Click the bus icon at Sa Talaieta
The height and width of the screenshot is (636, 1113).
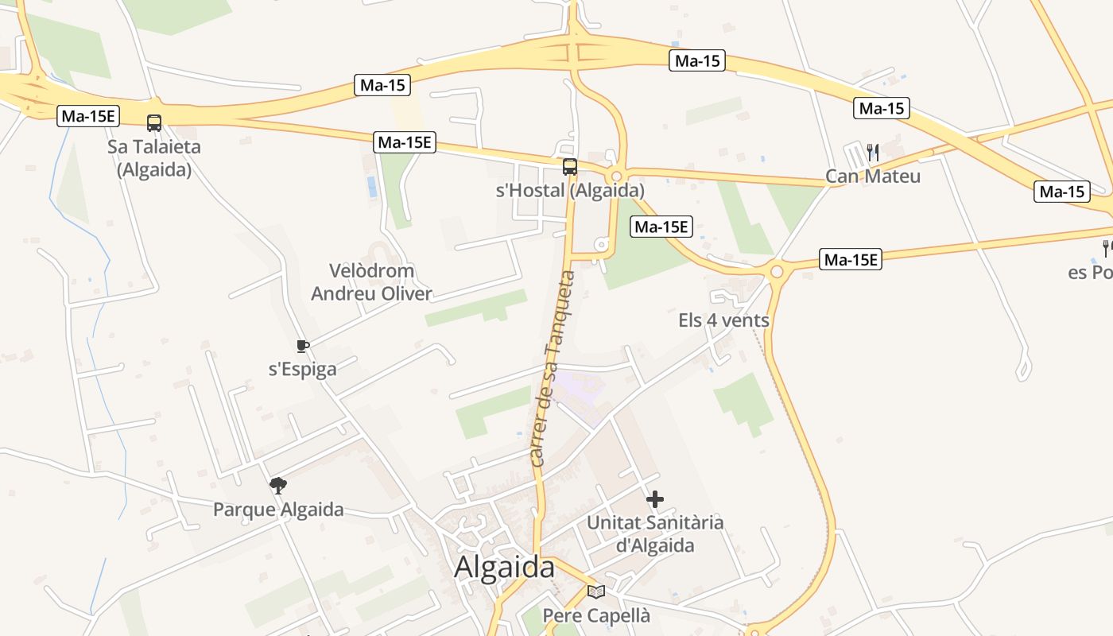point(154,123)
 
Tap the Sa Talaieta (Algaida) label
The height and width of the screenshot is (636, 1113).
point(154,158)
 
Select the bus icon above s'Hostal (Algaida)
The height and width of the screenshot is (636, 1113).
point(570,167)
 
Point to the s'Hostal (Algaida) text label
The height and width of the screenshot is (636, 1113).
point(570,191)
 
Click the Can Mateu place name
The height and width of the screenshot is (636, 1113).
point(873,176)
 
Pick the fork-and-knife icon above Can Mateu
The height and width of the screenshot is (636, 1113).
point(873,152)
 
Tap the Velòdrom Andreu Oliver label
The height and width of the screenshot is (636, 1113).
point(371,282)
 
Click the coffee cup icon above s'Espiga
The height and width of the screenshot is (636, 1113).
point(302,346)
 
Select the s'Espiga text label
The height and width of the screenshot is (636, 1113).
point(302,369)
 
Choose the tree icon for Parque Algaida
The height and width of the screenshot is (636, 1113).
point(278,485)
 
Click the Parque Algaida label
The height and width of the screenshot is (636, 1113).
point(278,510)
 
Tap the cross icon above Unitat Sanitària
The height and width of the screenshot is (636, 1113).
point(655,499)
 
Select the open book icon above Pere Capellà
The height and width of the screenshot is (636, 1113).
point(596,591)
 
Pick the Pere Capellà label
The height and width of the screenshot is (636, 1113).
point(596,615)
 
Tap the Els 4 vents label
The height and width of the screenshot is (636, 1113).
point(723,320)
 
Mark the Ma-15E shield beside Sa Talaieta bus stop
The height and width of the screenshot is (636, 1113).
point(89,116)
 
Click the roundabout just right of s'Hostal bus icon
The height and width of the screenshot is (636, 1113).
point(616,176)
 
